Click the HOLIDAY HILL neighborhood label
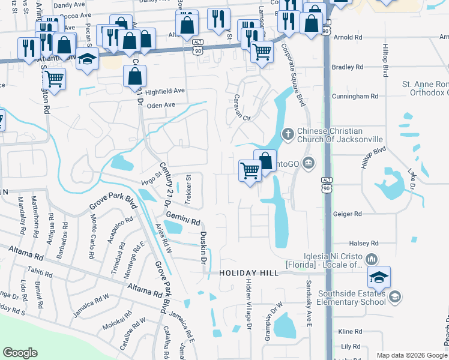249,273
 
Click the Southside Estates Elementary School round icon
394,296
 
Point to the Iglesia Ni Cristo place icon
371,259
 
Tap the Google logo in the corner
20,353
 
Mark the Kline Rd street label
351,331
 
